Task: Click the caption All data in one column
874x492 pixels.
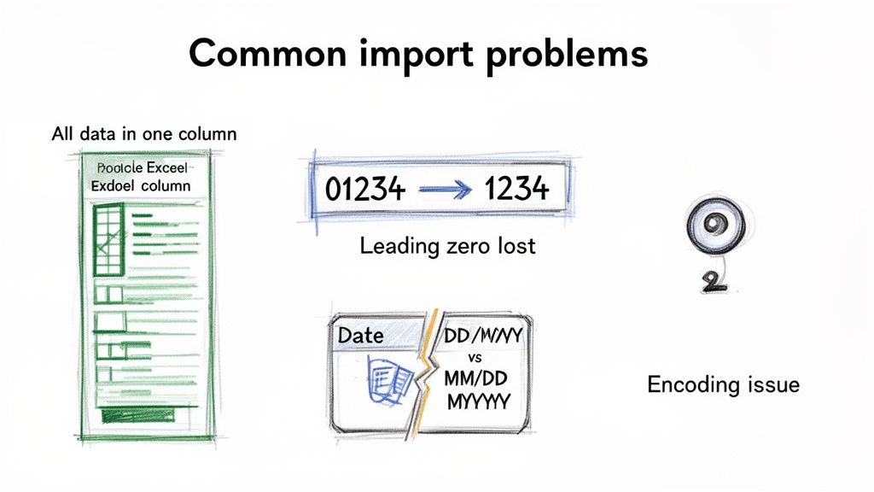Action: (x=143, y=134)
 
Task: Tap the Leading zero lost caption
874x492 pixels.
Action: (x=447, y=246)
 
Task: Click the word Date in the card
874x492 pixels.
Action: (x=361, y=335)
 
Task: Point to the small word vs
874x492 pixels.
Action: (x=475, y=357)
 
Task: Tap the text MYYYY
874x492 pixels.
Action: (x=478, y=401)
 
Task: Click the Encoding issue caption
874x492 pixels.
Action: (x=723, y=384)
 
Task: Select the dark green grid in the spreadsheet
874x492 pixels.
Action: (x=108, y=239)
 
